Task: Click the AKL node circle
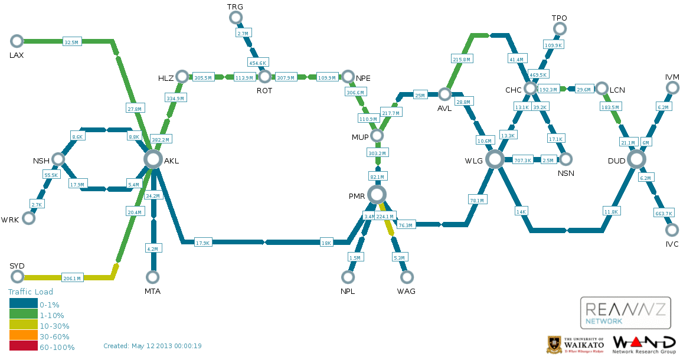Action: (x=152, y=159)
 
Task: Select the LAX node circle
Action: (x=17, y=41)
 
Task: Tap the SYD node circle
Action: (x=17, y=277)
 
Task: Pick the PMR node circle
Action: (x=377, y=194)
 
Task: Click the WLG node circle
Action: (x=495, y=159)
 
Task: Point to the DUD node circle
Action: (x=636, y=159)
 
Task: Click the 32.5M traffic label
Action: (x=71, y=42)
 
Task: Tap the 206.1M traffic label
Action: (x=71, y=278)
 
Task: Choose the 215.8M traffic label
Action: (x=461, y=60)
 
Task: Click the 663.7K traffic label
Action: (x=663, y=213)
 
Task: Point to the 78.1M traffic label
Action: (x=476, y=201)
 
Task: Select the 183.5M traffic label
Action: (x=610, y=107)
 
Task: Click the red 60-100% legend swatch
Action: (x=23, y=347)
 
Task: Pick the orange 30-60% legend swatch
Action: (x=23, y=336)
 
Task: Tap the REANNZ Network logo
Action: (x=626, y=313)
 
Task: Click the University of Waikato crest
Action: (x=554, y=345)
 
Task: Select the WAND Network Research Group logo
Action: (x=644, y=344)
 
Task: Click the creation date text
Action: (x=152, y=346)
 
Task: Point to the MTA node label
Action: (x=152, y=292)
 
